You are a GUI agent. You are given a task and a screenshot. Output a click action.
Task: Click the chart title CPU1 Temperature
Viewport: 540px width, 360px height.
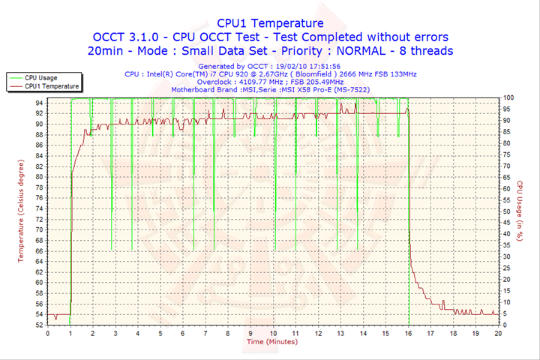(x=270, y=23)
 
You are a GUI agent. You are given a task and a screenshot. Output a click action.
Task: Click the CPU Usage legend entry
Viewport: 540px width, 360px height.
(x=40, y=77)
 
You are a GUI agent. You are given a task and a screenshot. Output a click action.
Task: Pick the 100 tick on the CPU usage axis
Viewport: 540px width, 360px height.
(x=508, y=98)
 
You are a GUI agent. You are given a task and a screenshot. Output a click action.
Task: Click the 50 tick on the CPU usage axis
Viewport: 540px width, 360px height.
(x=507, y=211)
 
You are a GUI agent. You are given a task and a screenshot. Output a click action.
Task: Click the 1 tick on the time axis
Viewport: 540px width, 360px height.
(x=70, y=332)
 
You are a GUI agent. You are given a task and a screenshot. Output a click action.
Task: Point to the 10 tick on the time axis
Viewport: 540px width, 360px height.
(x=273, y=332)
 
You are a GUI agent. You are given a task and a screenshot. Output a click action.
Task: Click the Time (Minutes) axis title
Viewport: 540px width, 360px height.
(x=271, y=342)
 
